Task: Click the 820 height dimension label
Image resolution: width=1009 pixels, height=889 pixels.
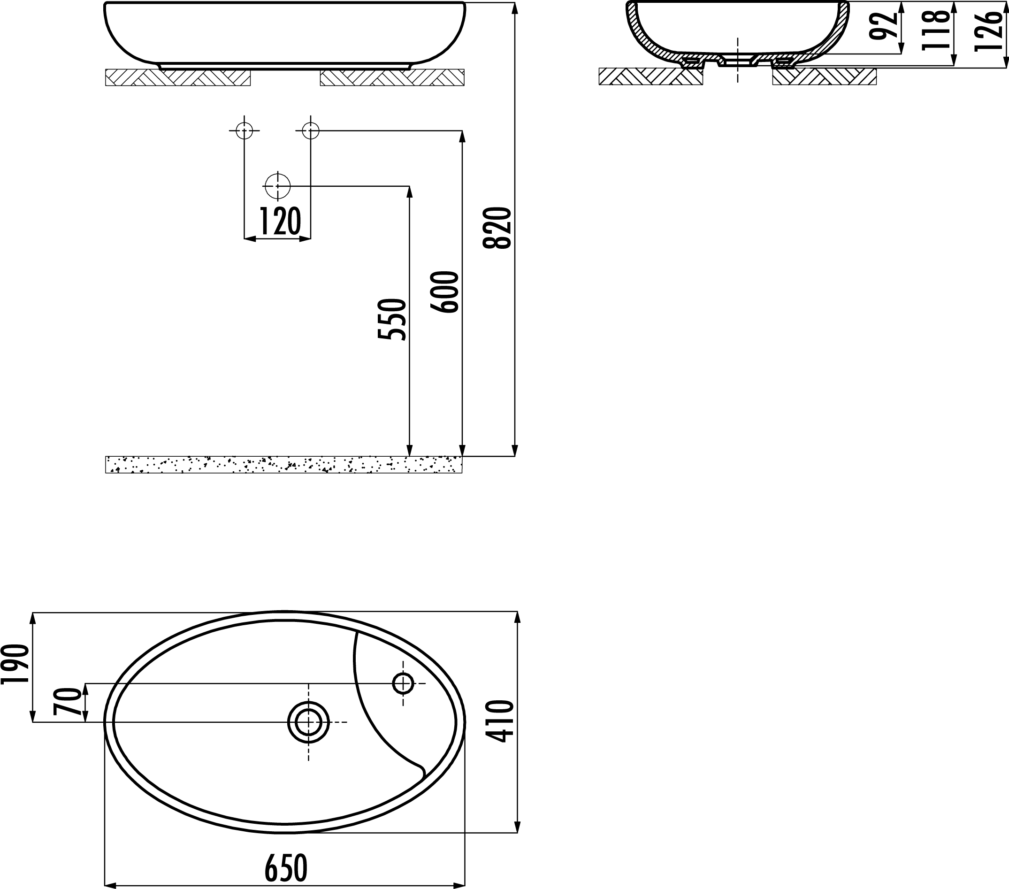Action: pos(497,228)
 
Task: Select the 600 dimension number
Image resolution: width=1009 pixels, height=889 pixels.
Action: pos(444,292)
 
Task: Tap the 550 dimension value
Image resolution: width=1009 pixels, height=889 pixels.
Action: pos(391,319)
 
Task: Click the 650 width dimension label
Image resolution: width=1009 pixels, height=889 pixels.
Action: pos(286,868)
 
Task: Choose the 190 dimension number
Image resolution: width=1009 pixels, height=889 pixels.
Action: pos(15,664)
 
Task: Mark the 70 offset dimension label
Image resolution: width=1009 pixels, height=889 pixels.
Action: pos(67,702)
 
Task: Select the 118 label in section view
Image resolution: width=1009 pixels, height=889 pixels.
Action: pos(936,30)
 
